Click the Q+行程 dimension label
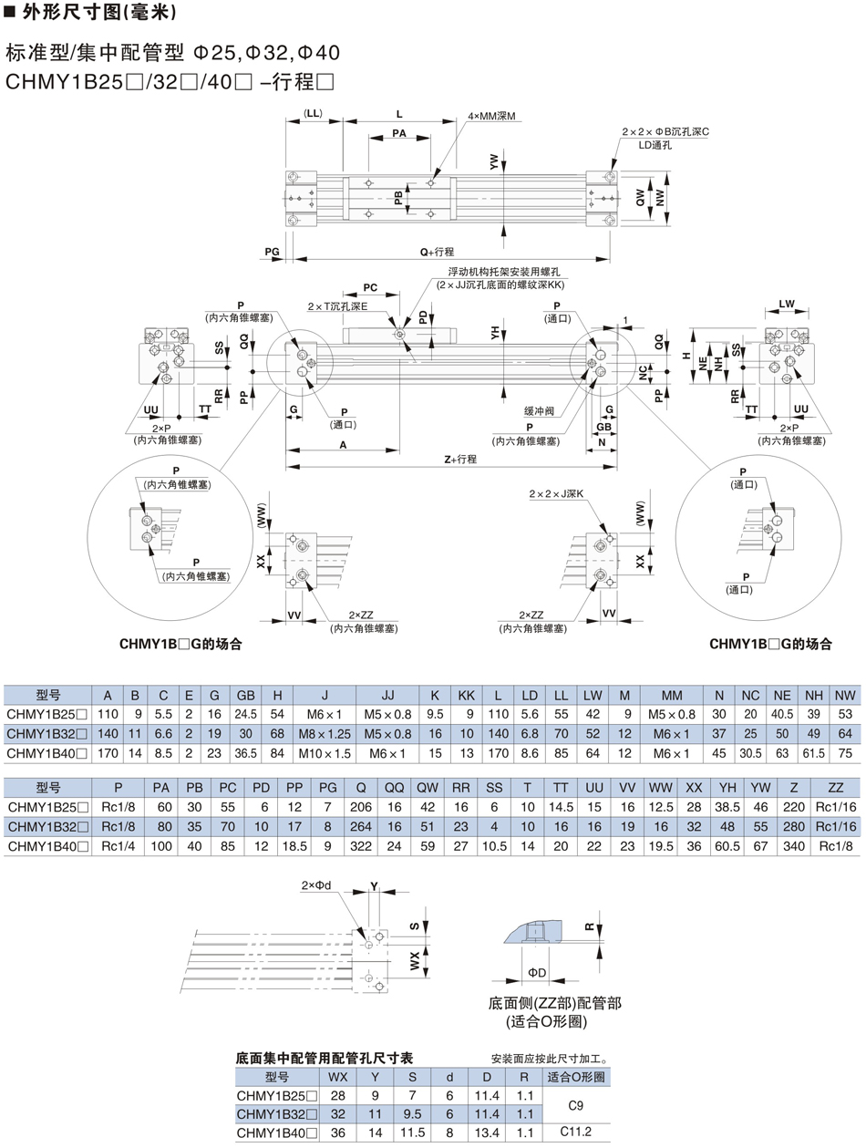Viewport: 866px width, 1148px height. [x=437, y=251]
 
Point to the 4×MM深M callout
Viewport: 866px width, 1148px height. [x=492, y=117]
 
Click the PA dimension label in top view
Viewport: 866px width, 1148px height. [x=398, y=133]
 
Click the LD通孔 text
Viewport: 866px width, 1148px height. [x=655, y=145]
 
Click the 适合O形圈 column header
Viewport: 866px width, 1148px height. [x=575, y=1077]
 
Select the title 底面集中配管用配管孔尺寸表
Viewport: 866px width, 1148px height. [x=324, y=1059]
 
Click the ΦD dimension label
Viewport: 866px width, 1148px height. [x=537, y=974]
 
